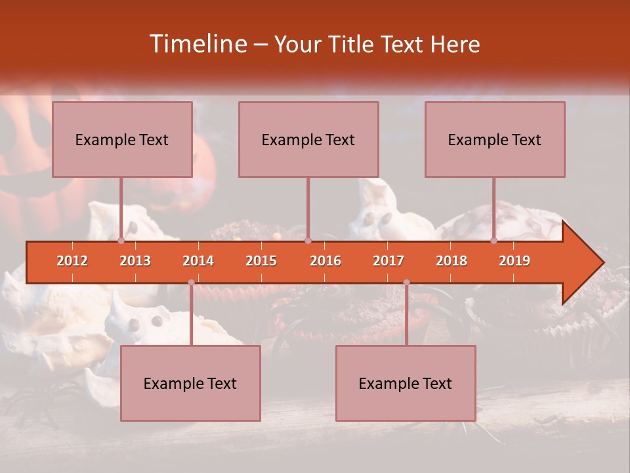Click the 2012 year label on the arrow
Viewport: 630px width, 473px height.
tap(72, 261)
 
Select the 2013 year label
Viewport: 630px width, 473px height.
tap(135, 261)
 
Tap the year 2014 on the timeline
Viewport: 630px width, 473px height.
tap(198, 261)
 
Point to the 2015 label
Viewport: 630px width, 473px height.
tap(261, 261)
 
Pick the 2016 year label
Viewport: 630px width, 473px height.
tap(325, 261)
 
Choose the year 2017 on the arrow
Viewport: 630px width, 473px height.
tap(388, 261)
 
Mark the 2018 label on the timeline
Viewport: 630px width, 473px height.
tap(451, 261)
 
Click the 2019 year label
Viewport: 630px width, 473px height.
tap(514, 261)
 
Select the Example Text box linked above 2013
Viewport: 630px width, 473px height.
tap(122, 139)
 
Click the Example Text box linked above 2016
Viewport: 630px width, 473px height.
tap(308, 139)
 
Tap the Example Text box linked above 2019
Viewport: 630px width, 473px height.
tap(495, 139)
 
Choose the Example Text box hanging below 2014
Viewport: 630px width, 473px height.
tap(190, 383)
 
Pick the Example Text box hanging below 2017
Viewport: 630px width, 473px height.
tap(406, 383)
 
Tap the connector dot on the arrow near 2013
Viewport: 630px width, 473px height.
tap(121, 240)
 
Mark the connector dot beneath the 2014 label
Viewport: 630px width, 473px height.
tap(191, 282)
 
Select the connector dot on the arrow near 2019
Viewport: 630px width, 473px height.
tap(494, 240)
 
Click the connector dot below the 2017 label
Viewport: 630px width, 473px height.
tap(406, 282)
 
